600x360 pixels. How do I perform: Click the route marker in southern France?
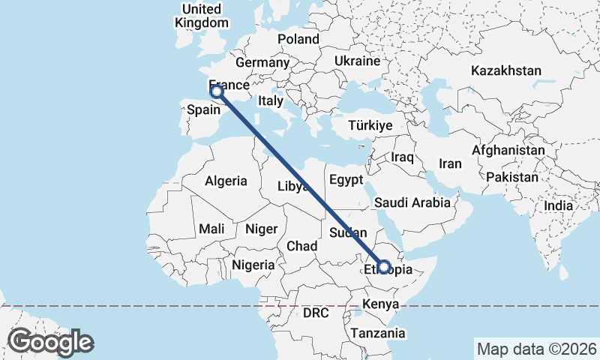point(217,91)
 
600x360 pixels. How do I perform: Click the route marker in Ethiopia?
point(383,266)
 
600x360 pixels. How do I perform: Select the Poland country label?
point(298,39)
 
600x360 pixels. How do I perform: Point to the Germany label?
point(262,63)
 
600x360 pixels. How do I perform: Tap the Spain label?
point(202,109)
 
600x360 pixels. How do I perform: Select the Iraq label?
point(403,157)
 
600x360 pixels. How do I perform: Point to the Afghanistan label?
point(508,150)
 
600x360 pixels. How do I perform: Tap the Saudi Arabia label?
point(412,202)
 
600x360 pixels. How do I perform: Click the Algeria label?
point(226,181)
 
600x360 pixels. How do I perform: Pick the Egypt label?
point(346,180)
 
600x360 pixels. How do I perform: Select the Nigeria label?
point(253,264)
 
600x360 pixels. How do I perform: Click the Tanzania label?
point(380,333)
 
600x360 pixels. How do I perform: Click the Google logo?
point(50,342)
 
